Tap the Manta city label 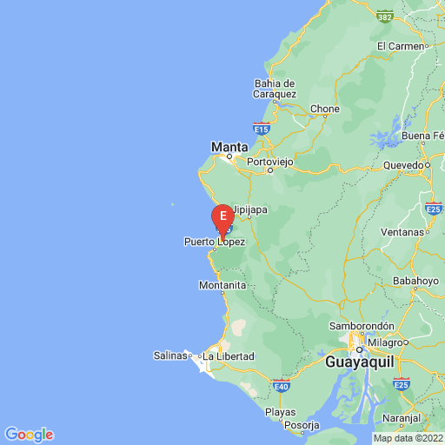tap(230, 147)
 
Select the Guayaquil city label tap(362, 359)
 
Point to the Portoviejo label tap(271, 162)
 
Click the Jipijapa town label tap(249, 209)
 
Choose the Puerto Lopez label tap(214, 242)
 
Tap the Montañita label tap(222, 285)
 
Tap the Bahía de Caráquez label tap(276, 89)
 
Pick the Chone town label tap(325, 109)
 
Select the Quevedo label tap(403, 164)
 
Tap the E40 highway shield tap(280, 384)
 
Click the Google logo tap(29, 435)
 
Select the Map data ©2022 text tap(408, 437)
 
